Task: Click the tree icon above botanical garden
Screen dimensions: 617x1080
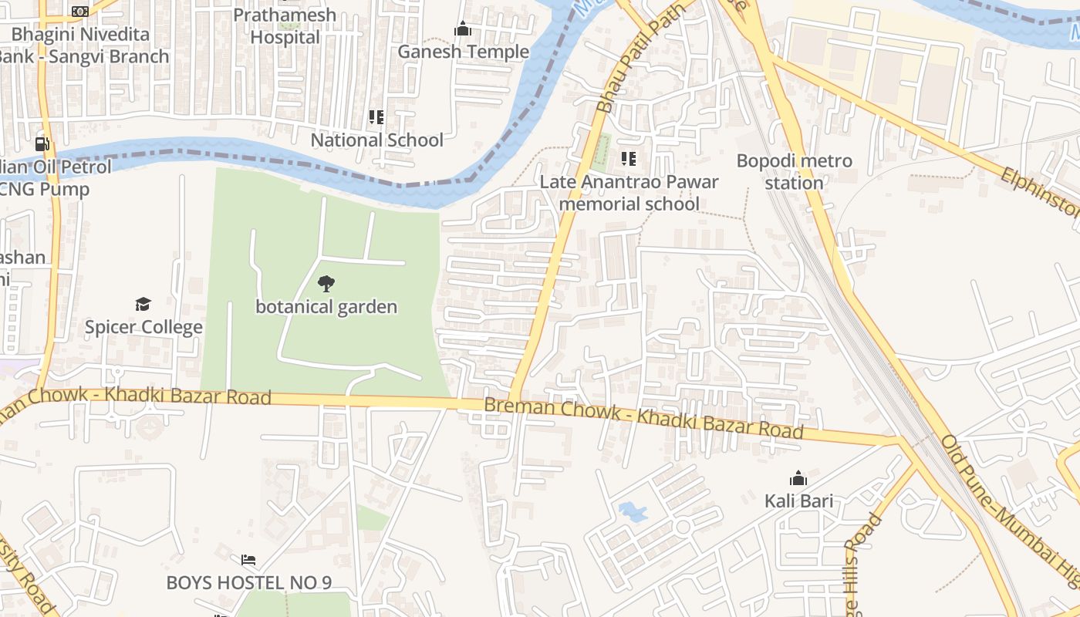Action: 326,284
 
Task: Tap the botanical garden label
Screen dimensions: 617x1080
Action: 326,307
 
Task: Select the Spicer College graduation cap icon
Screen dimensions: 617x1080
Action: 143,304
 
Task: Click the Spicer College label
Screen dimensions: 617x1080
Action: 143,327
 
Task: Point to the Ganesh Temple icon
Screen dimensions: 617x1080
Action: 463,29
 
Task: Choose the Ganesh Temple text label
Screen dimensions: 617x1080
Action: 463,52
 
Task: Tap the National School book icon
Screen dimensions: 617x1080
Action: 376,117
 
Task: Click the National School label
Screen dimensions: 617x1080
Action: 376,140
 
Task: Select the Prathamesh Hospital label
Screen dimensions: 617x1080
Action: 285,26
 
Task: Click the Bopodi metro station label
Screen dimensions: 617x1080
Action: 794,172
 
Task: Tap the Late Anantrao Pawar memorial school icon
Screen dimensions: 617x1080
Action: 629,159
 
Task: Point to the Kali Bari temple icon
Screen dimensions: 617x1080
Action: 798,478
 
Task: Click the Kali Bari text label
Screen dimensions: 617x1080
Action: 798,501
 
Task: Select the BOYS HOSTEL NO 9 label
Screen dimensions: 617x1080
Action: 248,582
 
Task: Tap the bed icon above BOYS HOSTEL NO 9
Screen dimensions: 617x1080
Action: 248,560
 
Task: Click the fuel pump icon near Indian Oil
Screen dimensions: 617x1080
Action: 42,143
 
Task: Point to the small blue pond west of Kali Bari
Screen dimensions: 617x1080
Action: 632,511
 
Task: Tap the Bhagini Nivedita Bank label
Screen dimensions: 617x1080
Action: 85,46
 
